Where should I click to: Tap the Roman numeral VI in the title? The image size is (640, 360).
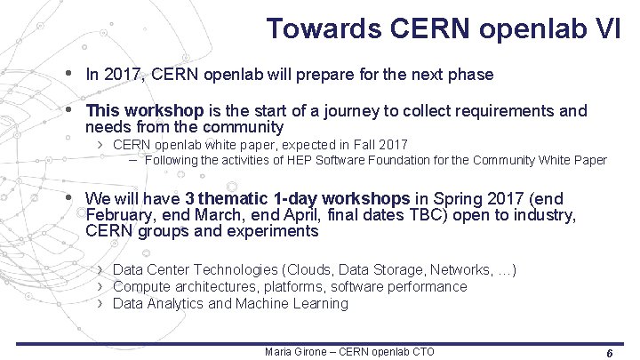pyautogui.click(x=612, y=28)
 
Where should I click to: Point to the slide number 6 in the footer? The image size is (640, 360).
pyautogui.click(x=609, y=353)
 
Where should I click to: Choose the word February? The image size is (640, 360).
pyautogui.click(x=117, y=215)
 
